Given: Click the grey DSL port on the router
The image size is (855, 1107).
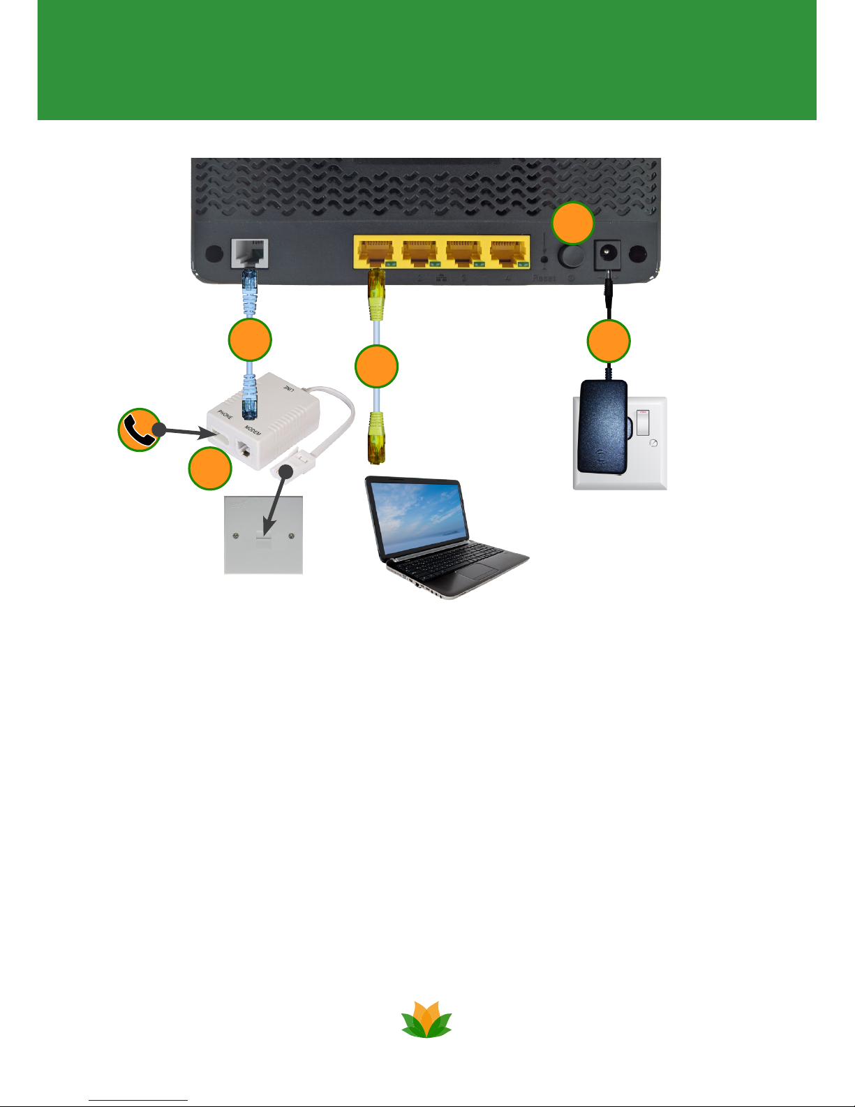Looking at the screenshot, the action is click(x=250, y=253).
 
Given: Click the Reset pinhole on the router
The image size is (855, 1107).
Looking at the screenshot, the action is click(x=545, y=260).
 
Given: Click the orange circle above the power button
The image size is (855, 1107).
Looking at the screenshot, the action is click(x=572, y=223).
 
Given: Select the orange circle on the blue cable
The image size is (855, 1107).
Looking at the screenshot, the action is click(x=251, y=340).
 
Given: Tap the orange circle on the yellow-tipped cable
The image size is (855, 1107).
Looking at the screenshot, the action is click(x=376, y=367).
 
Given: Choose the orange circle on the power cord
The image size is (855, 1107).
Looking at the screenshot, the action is click(x=609, y=342).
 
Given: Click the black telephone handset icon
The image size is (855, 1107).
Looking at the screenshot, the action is click(x=139, y=430).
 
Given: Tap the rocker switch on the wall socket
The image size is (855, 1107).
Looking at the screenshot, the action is click(x=643, y=423).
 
